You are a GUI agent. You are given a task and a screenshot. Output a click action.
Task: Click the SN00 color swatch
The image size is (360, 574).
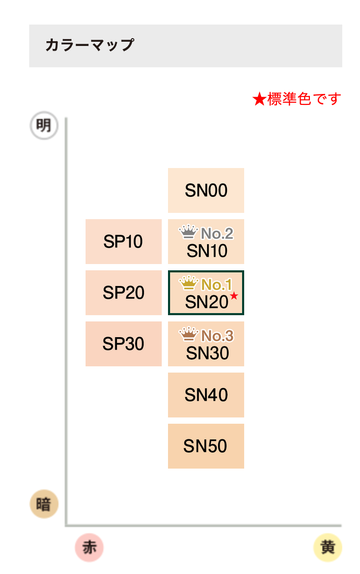click(x=206, y=190)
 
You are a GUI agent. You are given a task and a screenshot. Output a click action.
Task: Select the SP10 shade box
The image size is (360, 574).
click(x=124, y=242)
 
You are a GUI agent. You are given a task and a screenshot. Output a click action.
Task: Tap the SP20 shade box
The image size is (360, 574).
click(x=124, y=293)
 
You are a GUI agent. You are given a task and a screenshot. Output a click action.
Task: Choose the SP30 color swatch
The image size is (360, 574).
click(x=124, y=344)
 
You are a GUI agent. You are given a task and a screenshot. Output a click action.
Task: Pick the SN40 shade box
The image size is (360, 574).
click(x=206, y=395)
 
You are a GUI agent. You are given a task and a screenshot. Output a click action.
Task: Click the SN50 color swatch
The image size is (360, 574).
click(x=206, y=446)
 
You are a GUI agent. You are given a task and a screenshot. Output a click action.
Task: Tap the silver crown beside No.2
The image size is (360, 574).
click(x=188, y=232)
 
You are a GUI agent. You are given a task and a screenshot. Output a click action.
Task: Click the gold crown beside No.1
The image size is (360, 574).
click(x=188, y=283)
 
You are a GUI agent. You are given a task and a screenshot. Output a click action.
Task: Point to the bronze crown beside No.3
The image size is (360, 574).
click(x=188, y=334)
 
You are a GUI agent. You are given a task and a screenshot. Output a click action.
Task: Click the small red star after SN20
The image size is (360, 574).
click(x=234, y=295)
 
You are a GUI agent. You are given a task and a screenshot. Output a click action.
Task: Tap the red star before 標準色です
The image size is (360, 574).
click(x=259, y=99)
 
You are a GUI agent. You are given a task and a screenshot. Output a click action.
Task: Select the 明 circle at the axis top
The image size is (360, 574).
click(x=44, y=126)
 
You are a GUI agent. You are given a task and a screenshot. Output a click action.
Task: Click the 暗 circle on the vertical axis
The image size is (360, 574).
click(x=44, y=504)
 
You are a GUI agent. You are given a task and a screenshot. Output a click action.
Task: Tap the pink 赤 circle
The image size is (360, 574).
click(x=89, y=547)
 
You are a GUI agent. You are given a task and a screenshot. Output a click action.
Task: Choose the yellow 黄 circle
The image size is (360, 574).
click(x=328, y=547)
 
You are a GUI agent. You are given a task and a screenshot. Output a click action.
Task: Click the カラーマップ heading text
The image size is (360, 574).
click(x=90, y=45)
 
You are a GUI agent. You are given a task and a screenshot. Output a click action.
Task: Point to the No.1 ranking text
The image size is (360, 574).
click(x=217, y=284)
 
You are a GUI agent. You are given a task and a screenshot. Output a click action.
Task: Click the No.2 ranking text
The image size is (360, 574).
click(x=217, y=233)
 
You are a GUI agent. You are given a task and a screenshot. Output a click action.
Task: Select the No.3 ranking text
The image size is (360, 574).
click(x=218, y=336)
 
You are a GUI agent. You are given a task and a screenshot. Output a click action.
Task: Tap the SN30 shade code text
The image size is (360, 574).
click(x=208, y=353)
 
